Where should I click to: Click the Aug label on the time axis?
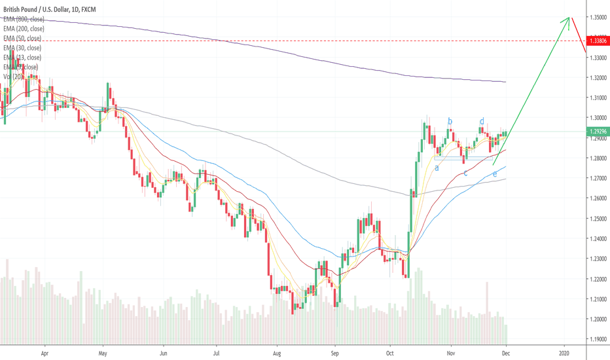(x=278, y=351)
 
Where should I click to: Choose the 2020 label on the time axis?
(x=565, y=351)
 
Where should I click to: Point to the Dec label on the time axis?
(x=506, y=351)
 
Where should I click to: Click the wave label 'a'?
(x=437, y=168)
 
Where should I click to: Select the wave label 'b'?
(x=450, y=120)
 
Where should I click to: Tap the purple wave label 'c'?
(x=465, y=173)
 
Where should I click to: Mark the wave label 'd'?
(x=482, y=121)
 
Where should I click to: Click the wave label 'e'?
(x=495, y=174)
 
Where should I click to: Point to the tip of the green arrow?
(x=568, y=18)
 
